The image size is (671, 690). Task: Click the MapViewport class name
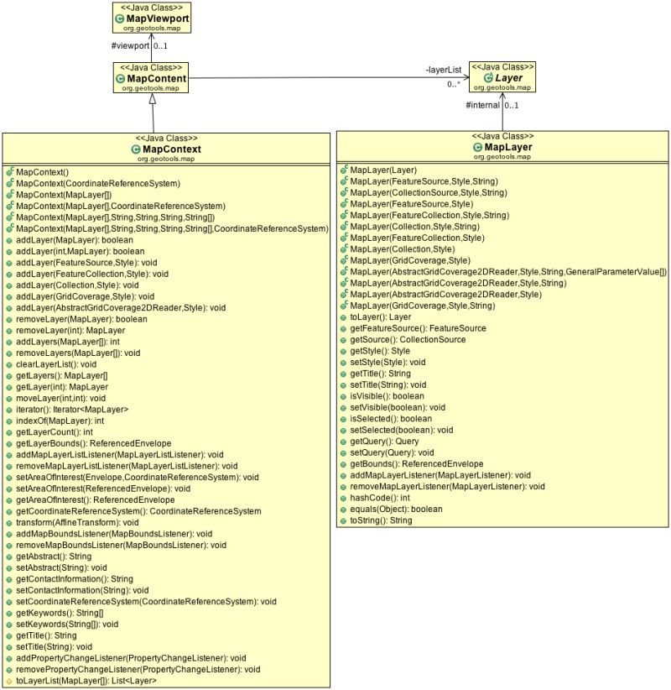tap(158, 18)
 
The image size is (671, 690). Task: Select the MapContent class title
tap(157, 78)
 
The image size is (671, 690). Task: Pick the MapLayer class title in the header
tap(507, 147)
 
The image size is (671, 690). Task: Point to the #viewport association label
tap(129, 46)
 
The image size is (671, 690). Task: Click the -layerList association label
tap(443, 71)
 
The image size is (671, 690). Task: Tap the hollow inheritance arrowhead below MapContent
tap(152, 99)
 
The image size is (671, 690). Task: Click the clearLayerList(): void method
tap(56, 364)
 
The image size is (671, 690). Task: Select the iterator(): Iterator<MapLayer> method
tap(72, 409)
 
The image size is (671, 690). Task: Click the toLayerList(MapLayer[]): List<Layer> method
tap(86, 681)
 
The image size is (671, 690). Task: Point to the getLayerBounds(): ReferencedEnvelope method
tap(94, 443)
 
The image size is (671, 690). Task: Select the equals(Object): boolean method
tap(396, 509)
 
